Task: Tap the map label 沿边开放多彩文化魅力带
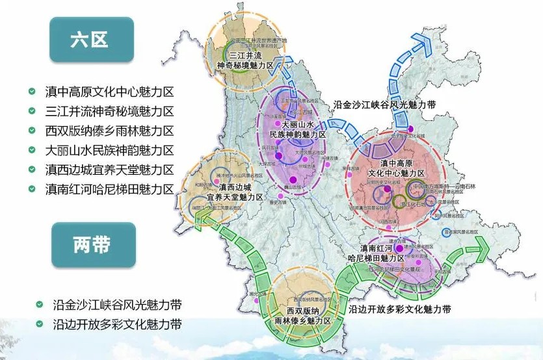pyautogui.click(x=400, y=309)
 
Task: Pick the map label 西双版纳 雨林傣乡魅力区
pyautogui.click(x=305, y=316)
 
